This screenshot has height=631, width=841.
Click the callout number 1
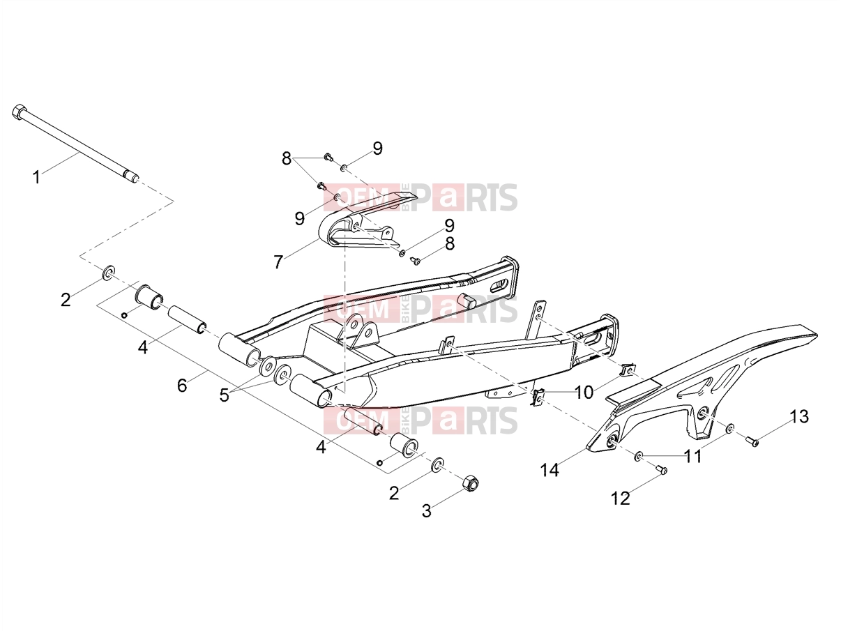pos(36,177)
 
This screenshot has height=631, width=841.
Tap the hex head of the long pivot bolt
pos(19,112)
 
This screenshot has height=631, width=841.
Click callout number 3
pos(427,510)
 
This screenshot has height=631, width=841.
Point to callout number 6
pos(182,385)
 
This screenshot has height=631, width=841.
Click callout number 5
pos(224,395)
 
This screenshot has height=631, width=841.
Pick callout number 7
pos(278,262)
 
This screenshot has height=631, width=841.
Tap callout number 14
pos(550,470)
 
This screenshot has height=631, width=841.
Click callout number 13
pos(800,416)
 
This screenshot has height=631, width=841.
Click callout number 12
pos(621,499)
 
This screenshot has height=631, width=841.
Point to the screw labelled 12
pos(661,469)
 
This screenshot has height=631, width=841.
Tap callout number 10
pos(584,393)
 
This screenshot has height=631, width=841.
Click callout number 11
pos(693,456)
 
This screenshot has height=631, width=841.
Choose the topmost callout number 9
pos(378,149)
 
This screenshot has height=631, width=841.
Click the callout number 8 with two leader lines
pos(286,158)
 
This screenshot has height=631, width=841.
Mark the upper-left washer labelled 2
pos(108,272)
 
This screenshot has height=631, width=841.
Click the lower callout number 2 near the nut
pos(394,493)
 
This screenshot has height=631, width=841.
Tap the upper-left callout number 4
pos(142,347)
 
